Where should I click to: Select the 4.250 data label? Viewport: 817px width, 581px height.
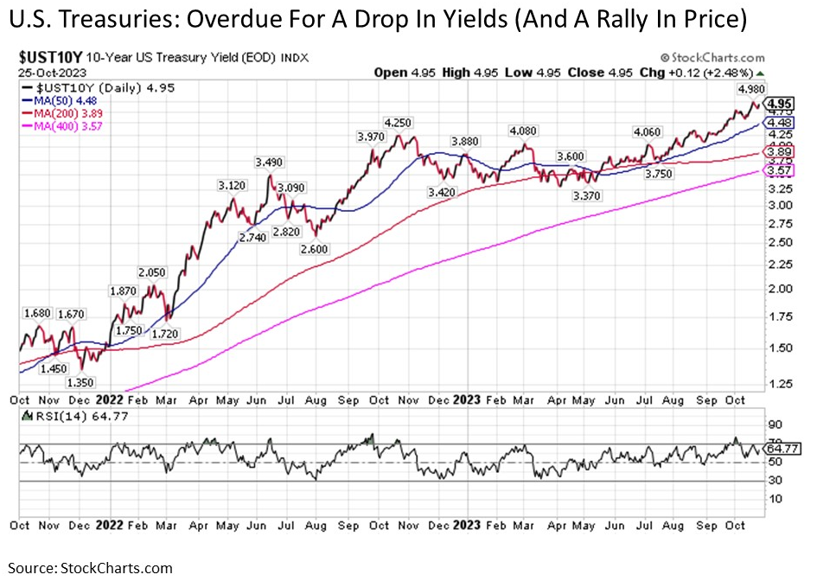click(x=399, y=123)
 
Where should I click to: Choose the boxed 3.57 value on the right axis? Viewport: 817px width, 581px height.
click(x=779, y=171)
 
